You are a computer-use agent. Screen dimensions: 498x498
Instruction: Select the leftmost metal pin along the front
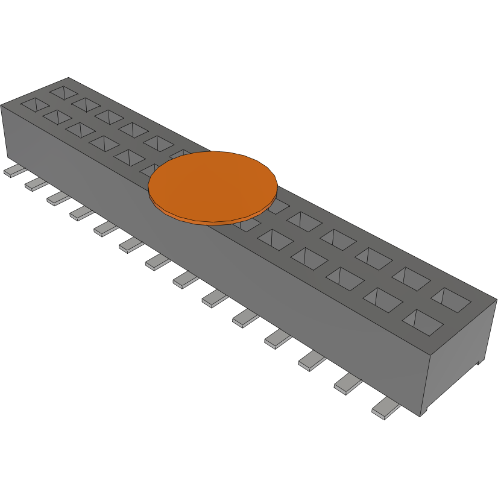pos(12,171)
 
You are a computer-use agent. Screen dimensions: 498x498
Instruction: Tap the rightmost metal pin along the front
pos(386,410)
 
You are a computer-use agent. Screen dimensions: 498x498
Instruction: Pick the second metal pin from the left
pos(36,184)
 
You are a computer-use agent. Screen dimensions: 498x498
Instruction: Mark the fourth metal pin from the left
pos(81,212)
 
